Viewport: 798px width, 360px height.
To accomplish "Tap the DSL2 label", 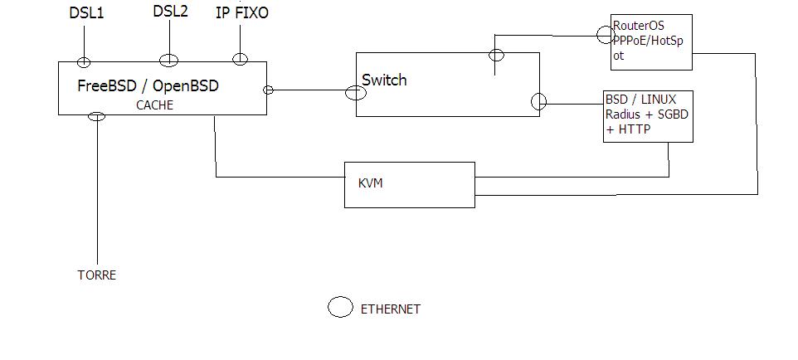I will (x=169, y=12).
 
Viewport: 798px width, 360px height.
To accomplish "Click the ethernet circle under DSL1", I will (x=84, y=61).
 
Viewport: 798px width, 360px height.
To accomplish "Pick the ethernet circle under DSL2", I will (x=168, y=60).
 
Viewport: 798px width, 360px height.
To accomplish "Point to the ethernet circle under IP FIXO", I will (x=240, y=58).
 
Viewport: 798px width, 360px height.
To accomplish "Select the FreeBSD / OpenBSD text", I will (x=148, y=85).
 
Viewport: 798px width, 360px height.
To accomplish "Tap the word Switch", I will (x=385, y=80).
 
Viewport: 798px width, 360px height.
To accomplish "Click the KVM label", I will (x=371, y=183).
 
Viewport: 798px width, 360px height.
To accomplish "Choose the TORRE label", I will (x=96, y=275).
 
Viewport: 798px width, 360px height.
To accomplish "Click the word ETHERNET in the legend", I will (x=390, y=309).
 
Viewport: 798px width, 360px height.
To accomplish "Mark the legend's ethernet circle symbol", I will (x=340, y=308).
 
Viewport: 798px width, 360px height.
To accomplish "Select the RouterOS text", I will (x=639, y=26).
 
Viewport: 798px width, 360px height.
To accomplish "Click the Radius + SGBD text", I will (x=645, y=114).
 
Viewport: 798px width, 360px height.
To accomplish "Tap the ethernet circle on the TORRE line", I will (x=97, y=116).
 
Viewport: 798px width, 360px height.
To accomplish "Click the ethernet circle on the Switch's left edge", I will (x=355, y=92).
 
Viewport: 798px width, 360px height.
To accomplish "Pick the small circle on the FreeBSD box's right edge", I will (x=268, y=90).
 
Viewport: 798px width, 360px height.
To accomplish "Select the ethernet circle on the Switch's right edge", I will (x=538, y=102).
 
